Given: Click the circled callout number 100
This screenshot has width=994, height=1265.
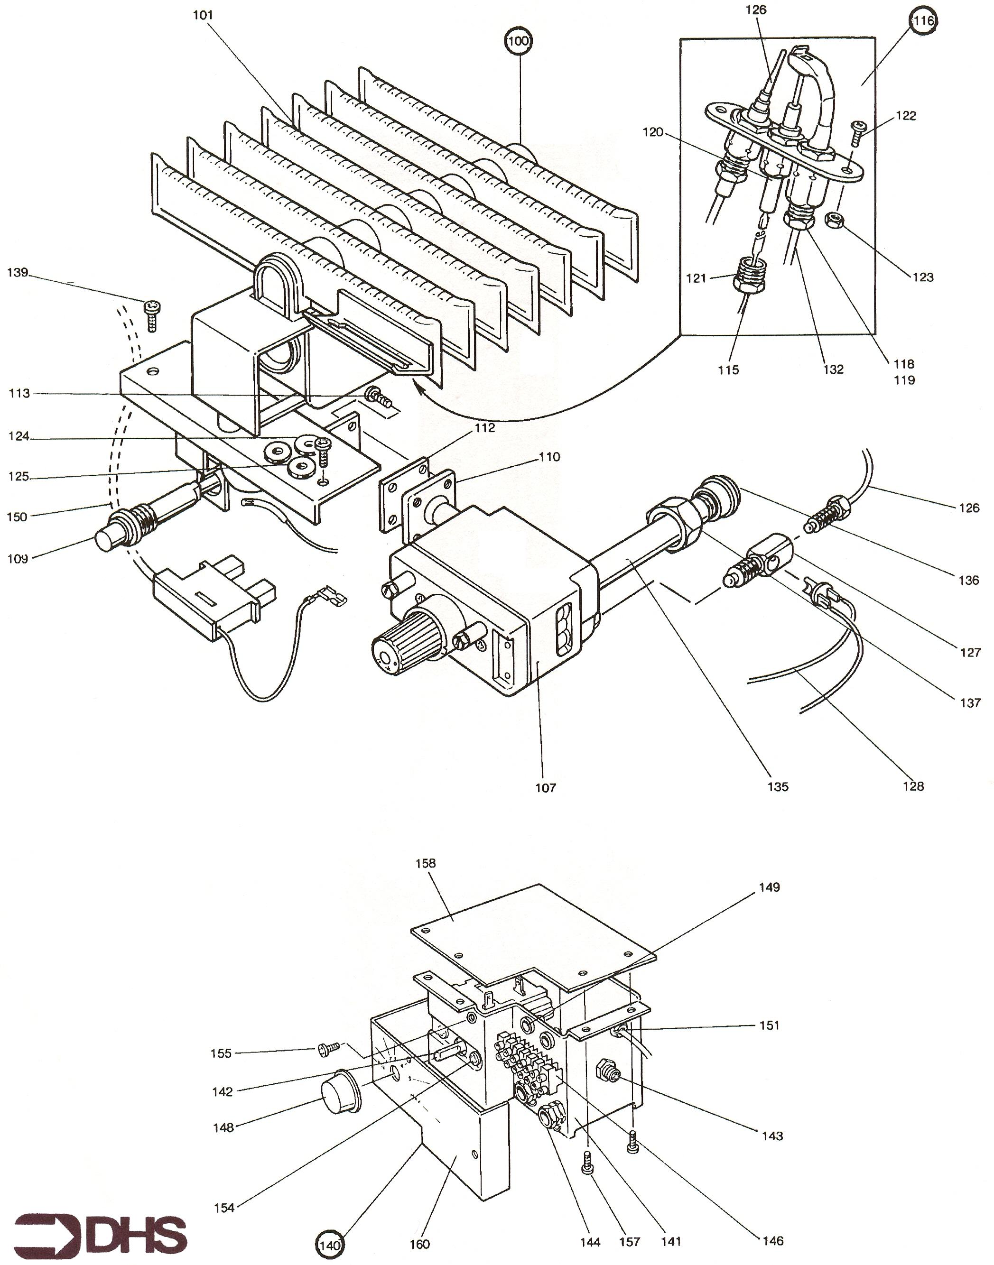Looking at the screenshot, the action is (519, 41).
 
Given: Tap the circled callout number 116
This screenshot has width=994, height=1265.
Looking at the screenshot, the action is (924, 21).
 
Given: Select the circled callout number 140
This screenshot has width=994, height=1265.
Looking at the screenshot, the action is (329, 1245).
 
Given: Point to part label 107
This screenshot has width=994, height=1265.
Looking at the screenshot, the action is (545, 787).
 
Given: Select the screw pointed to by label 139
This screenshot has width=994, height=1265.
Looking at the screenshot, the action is (152, 315).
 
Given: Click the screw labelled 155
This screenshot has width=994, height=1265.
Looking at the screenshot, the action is (329, 1048).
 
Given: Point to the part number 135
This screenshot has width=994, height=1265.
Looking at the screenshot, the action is (778, 787).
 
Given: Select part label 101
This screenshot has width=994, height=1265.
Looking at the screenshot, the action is (203, 15).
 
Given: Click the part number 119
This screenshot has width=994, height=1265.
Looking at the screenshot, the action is (904, 380).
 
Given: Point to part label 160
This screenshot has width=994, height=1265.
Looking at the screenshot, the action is (419, 1244).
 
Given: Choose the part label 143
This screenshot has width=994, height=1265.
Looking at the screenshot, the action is (772, 1136).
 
